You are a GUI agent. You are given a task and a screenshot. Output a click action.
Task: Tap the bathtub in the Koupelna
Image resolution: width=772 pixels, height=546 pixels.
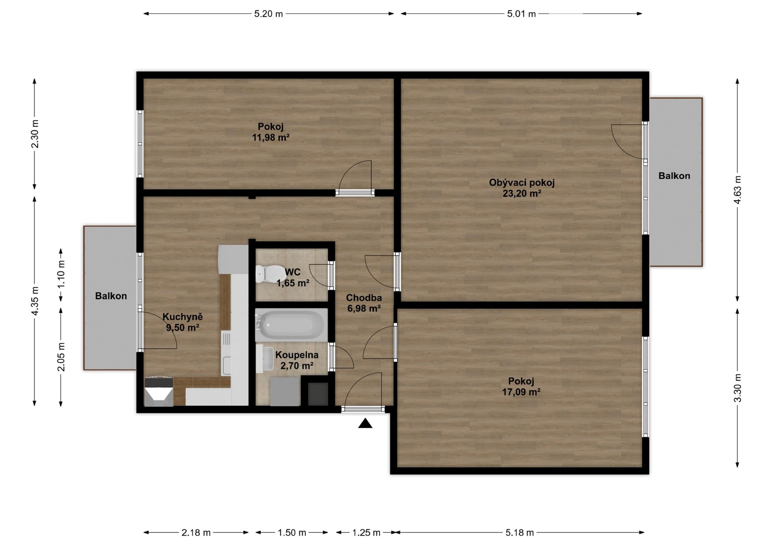tap(291, 325)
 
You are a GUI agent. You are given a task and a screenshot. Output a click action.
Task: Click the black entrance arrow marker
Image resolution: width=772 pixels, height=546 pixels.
tap(365, 423)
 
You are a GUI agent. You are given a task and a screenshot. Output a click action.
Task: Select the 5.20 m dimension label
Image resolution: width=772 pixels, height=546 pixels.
tap(269, 14)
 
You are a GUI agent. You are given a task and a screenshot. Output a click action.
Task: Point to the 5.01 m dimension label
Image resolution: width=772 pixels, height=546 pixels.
tap(522, 14)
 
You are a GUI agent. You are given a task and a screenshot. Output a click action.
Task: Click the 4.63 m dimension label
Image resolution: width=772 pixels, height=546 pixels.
tap(737, 190)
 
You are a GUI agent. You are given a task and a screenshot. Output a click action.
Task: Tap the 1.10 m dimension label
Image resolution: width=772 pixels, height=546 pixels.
tap(61, 274)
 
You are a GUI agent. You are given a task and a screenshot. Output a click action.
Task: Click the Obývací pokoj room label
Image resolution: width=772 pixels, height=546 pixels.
tap(522, 183)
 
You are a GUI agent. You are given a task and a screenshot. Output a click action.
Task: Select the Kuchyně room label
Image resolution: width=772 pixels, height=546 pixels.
tap(183, 317)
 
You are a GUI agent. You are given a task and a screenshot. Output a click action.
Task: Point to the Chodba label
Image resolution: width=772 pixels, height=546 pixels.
tap(364, 298)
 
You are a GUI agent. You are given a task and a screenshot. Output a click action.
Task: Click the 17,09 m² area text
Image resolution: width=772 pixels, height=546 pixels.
tap(521, 392)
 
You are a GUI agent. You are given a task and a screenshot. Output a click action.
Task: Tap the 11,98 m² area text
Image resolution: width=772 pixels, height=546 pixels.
tap(271, 138)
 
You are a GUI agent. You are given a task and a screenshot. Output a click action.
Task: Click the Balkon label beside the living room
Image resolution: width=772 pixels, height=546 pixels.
tap(674, 176)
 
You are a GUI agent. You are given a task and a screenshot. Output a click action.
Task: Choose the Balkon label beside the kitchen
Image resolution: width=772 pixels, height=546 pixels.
tap(111, 296)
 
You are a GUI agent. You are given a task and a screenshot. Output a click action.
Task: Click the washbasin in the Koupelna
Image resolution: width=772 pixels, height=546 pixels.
tap(264, 359)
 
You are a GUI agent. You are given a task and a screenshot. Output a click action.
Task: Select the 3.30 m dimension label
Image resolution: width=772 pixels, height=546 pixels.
tap(737, 388)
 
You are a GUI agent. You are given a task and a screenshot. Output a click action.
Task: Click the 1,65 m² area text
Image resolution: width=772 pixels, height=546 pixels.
tap(293, 283)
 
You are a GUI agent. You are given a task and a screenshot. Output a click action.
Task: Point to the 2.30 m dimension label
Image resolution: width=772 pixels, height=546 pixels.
tap(35, 134)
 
